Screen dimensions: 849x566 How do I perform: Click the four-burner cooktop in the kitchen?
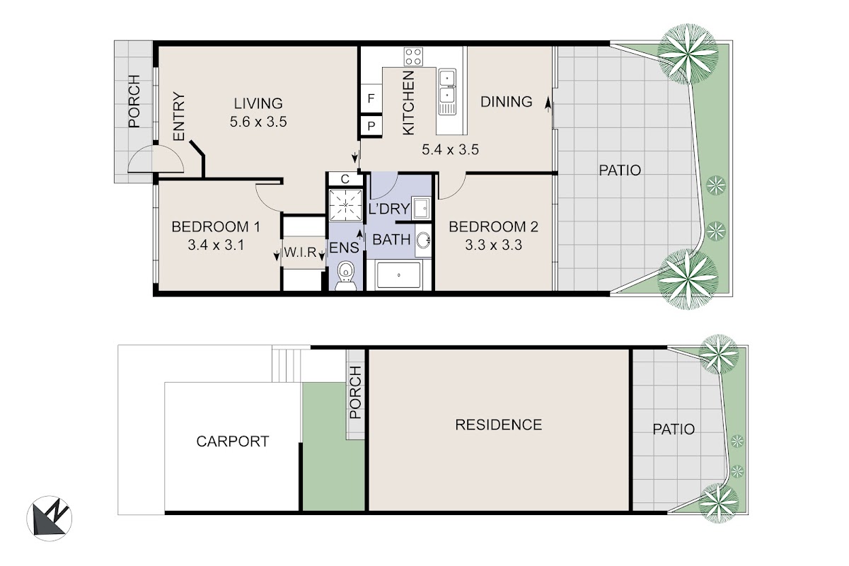[413, 57]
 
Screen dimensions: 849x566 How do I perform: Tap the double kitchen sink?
[448, 92]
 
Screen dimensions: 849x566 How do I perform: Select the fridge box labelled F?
[371, 98]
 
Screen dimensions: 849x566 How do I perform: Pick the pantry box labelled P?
[371, 126]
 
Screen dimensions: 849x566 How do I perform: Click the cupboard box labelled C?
[345, 179]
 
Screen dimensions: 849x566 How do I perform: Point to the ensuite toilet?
[346, 275]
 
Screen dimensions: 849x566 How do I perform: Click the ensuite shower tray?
[346, 205]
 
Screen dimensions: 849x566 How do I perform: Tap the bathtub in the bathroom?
[398, 275]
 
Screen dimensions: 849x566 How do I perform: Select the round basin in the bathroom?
[423, 241]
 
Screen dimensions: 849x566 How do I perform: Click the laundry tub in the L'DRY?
[421, 208]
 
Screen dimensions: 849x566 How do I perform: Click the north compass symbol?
[50, 518]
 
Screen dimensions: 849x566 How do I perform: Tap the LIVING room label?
[258, 103]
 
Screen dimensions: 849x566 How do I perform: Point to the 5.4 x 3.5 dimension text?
[450, 150]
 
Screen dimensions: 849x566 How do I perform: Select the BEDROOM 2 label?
[494, 226]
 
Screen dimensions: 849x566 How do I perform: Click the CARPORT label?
[233, 441]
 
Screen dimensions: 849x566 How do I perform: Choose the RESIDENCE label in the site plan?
[498, 424]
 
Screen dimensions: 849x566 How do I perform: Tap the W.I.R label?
[300, 252]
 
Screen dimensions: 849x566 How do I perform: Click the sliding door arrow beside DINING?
[548, 104]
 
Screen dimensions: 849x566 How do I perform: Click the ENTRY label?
[179, 117]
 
